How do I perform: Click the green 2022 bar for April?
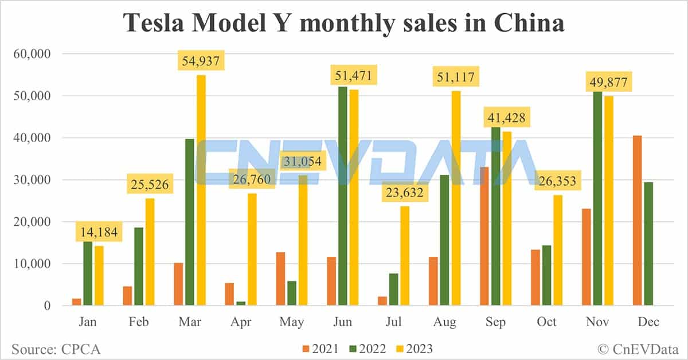[x=241, y=303]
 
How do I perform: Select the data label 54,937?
[x=201, y=60]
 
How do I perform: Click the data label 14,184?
[x=99, y=232]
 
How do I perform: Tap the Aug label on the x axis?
[x=444, y=322]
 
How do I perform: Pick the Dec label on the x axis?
[x=648, y=322]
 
